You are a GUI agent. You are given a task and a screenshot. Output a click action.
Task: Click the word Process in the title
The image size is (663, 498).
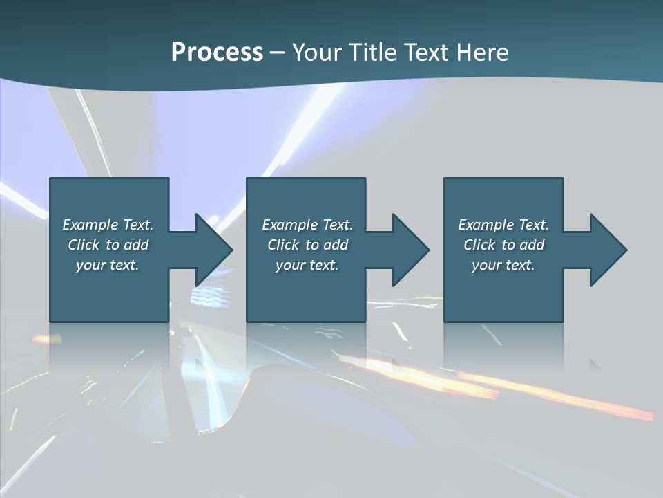pos(217,53)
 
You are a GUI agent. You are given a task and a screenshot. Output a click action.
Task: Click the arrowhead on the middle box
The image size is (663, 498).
pos(410,250)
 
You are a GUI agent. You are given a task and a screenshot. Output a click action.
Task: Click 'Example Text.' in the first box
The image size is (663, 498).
pos(108,225)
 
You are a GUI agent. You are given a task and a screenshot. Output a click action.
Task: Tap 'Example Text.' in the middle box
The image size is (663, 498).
pos(307,225)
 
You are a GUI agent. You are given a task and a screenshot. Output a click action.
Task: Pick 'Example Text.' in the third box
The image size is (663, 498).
pos(503,225)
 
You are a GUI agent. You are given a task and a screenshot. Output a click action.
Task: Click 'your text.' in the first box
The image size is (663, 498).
pos(108,265)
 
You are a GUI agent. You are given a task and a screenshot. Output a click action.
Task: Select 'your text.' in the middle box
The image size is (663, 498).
pos(307,265)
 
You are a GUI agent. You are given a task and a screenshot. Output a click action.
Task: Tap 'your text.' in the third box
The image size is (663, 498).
pos(503,265)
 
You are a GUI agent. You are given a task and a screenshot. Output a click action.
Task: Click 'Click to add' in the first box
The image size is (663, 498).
pos(108,245)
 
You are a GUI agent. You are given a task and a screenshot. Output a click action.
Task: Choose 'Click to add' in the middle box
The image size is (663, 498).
pos(307,245)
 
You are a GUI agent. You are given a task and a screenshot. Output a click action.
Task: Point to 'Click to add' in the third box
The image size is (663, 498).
pos(503,245)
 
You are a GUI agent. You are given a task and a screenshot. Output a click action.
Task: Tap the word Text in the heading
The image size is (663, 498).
pos(425,53)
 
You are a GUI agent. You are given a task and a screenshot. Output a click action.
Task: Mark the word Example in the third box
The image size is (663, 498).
pos(484,225)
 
